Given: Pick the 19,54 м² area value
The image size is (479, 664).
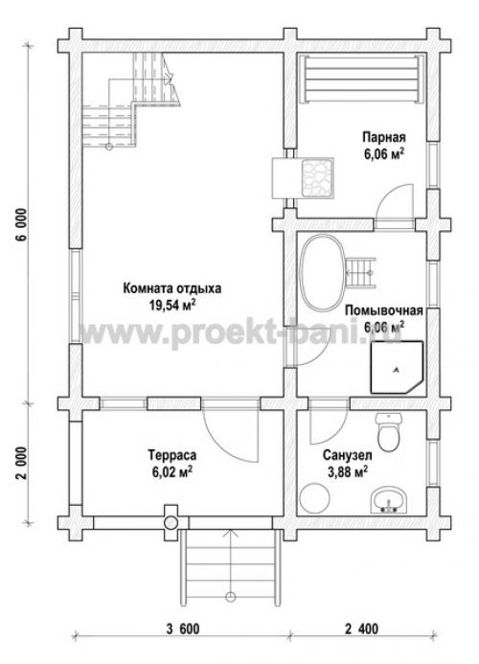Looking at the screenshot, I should [172, 304].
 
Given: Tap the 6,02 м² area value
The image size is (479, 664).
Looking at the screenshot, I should [172, 472].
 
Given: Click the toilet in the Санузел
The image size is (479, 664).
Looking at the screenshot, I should [387, 434].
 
